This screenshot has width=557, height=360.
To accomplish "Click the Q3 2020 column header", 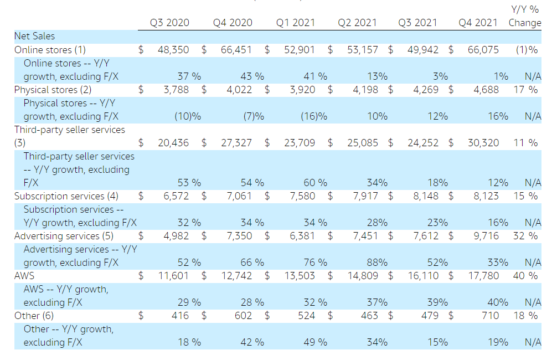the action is [x=169, y=23].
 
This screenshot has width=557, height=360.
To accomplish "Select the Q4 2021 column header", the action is [x=478, y=23].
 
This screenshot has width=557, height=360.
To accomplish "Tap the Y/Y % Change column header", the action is [x=525, y=16].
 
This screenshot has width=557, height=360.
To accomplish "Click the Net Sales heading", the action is [x=34, y=36].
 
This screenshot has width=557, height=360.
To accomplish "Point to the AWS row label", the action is [x=24, y=276].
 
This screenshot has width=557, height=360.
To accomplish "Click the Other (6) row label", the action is [x=34, y=316].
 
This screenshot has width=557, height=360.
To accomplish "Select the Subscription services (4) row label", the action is [x=66, y=196].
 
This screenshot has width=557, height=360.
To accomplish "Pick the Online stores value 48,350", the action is [x=173, y=50].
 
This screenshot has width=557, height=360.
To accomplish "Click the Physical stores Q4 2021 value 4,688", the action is [x=486, y=90].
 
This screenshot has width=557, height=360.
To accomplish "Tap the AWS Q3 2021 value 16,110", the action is [x=423, y=276].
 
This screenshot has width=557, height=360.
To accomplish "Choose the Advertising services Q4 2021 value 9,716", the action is [x=486, y=236].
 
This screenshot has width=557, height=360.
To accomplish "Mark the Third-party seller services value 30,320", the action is [x=483, y=143].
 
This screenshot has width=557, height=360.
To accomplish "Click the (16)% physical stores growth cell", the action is [x=314, y=116].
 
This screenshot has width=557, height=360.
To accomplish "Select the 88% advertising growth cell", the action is [x=377, y=263].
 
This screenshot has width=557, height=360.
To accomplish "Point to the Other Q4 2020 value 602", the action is [x=243, y=316].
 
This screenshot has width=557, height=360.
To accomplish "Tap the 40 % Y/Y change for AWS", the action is [x=525, y=276].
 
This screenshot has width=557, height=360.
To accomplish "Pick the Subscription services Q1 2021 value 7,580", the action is [x=302, y=196].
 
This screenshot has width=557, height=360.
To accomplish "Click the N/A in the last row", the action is [x=533, y=342].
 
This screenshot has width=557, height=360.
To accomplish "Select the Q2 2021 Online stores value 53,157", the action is [x=363, y=50].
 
